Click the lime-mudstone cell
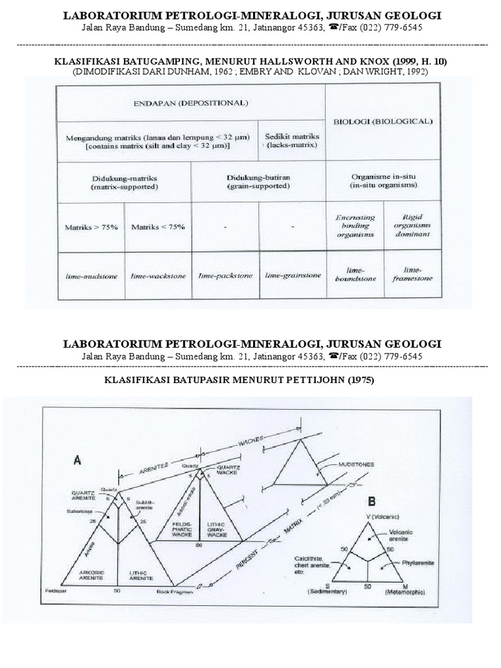click(x=91, y=276)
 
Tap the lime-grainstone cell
click(x=293, y=275)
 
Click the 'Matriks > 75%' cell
click(x=91, y=227)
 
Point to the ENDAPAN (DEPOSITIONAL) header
click(x=191, y=103)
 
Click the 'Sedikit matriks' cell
click(x=292, y=141)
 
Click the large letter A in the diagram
click(x=78, y=461)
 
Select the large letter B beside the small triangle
click(x=372, y=503)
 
